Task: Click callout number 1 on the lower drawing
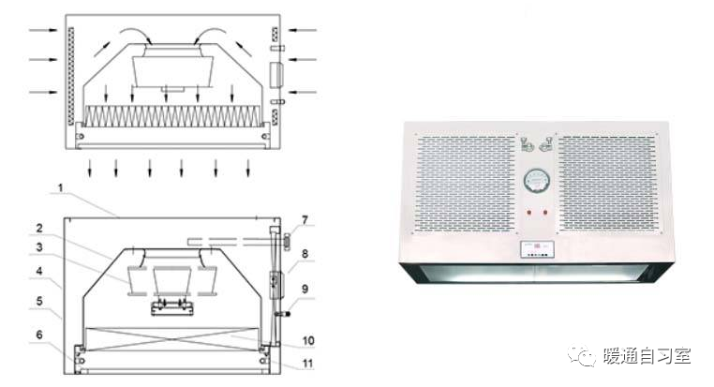click(x=61, y=188)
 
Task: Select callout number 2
click(x=39, y=228)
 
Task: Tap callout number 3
click(x=39, y=247)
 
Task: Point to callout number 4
click(x=39, y=272)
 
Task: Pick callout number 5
click(x=39, y=301)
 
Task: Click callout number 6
click(x=39, y=335)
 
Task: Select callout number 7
click(x=305, y=220)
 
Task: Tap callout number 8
click(x=305, y=254)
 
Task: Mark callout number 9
click(x=305, y=289)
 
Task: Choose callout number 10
click(x=308, y=340)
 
